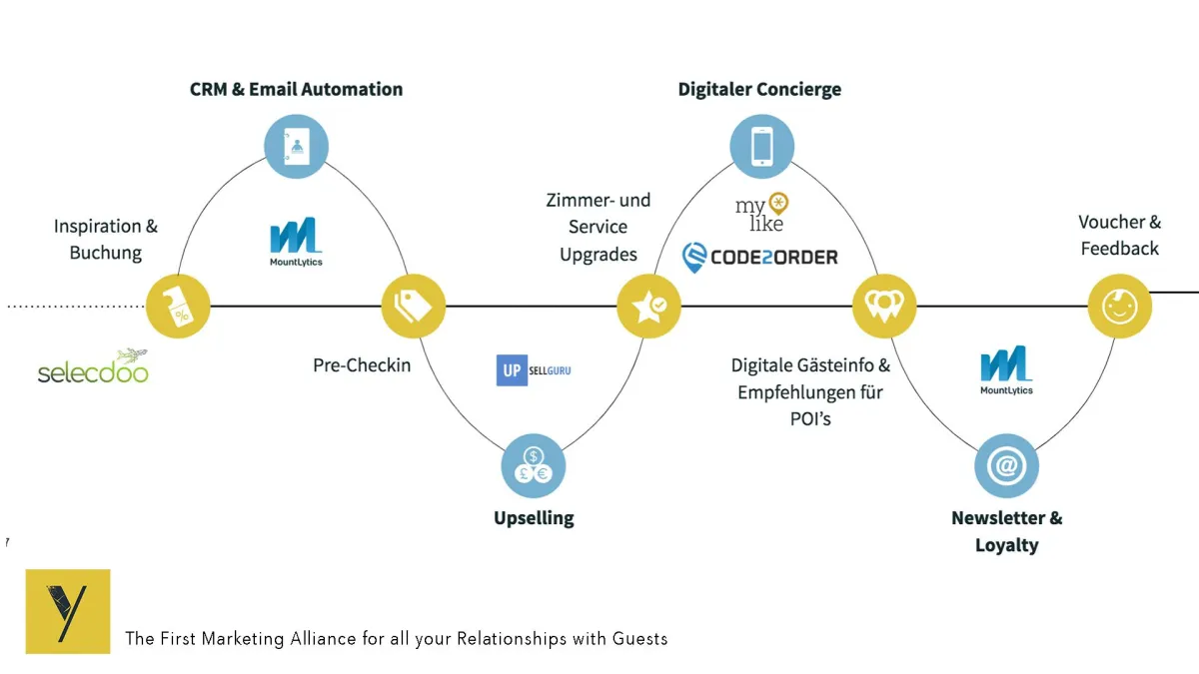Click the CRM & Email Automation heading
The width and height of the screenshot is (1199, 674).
(x=296, y=89)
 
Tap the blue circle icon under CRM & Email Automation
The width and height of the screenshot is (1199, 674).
(x=296, y=147)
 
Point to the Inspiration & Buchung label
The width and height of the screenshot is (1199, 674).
(x=105, y=240)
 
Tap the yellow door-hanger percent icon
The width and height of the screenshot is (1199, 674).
(x=179, y=306)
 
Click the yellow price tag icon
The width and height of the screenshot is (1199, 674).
(x=414, y=306)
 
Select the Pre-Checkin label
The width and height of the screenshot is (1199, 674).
(x=362, y=364)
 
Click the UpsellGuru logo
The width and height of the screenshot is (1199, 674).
(x=534, y=370)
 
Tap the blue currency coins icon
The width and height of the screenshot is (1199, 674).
(x=534, y=466)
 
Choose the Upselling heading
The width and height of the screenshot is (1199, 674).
(x=534, y=517)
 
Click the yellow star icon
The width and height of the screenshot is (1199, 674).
(x=648, y=306)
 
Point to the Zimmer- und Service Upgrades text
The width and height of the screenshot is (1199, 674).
(x=598, y=228)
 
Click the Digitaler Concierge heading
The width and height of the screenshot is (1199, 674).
(x=759, y=89)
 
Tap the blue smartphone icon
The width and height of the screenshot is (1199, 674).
(x=761, y=147)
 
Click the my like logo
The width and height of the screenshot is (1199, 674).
(x=761, y=211)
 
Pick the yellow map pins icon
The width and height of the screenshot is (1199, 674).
(x=884, y=306)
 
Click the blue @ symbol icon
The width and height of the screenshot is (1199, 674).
(x=1006, y=466)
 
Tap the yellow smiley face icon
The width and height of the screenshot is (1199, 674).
(x=1119, y=306)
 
